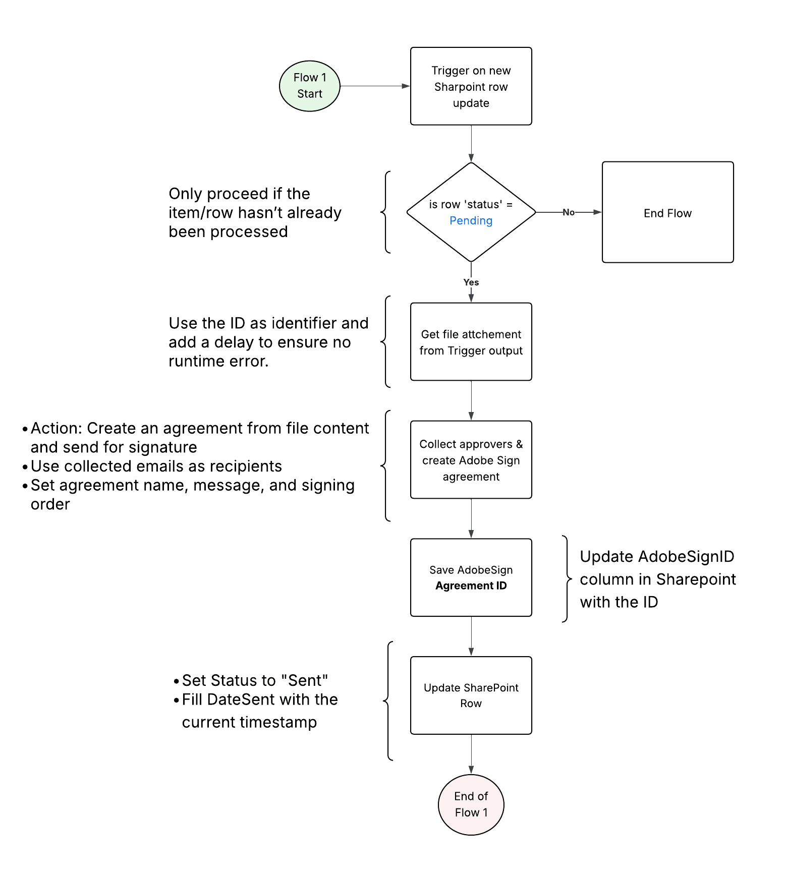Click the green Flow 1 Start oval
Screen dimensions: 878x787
pyautogui.click(x=309, y=86)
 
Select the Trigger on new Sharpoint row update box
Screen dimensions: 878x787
pyautogui.click(x=471, y=86)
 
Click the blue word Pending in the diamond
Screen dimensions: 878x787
pyautogui.click(x=471, y=221)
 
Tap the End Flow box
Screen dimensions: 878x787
pyautogui.click(x=667, y=212)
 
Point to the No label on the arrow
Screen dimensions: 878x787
pyautogui.click(x=568, y=212)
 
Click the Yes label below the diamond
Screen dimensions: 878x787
pyautogui.click(x=471, y=282)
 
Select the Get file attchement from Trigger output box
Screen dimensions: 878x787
pyautogui.click(x=471, y=342)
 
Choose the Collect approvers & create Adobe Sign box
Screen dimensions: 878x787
pyautogui.click(x=471, y=460)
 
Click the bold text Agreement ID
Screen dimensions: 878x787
pyautogui.click(x=471, y=586)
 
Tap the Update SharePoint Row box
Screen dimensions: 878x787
pyautogui.click(x=471, y=695)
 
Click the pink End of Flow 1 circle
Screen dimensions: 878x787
pyautogui.click(x=471, y=804)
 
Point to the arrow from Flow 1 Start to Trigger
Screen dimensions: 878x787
pyautogui.click(x=374, y=86)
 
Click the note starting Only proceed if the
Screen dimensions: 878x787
pyautogui.click(x=255, y=212)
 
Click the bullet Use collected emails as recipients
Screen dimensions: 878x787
pyautogui.click(x=156, y=466)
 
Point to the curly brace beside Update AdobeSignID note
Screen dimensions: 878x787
pyautogui.click(x=567, y=579)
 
